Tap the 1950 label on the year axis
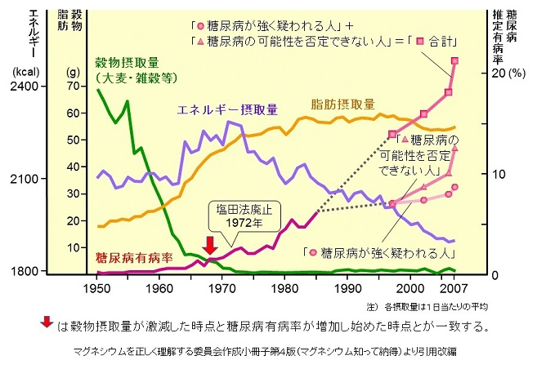click(96, 288)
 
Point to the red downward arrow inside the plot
click(209, 245)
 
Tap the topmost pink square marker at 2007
click(455, 61)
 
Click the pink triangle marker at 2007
click(455, 148)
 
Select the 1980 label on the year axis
click(284, 288)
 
